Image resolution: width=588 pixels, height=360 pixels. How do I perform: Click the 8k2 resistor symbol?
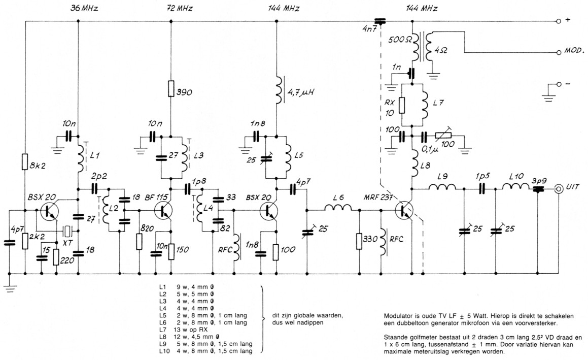click(x=24, y=162)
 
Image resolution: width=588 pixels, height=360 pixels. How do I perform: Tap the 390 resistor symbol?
click(x=171, y=89)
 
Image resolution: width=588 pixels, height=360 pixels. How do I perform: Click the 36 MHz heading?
click(x=82, y=9)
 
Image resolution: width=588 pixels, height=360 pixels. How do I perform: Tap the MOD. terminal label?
click(x=575, y=52)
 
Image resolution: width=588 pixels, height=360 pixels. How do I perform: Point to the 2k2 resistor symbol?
click(x=24, y=241)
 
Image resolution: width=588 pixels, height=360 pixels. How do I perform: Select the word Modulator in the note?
click(x=399, y=316)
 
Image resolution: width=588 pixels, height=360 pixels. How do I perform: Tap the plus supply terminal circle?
click(x=559, y=21)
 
